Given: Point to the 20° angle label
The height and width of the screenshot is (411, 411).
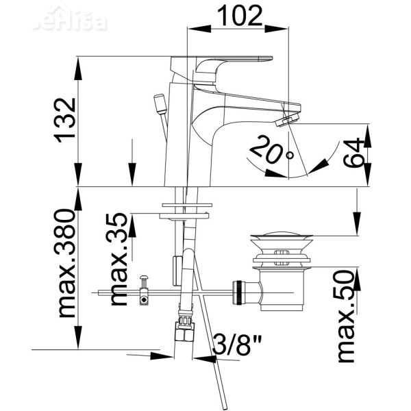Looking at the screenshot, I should (268, 150).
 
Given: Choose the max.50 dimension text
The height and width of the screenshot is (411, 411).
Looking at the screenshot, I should (347, 316).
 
